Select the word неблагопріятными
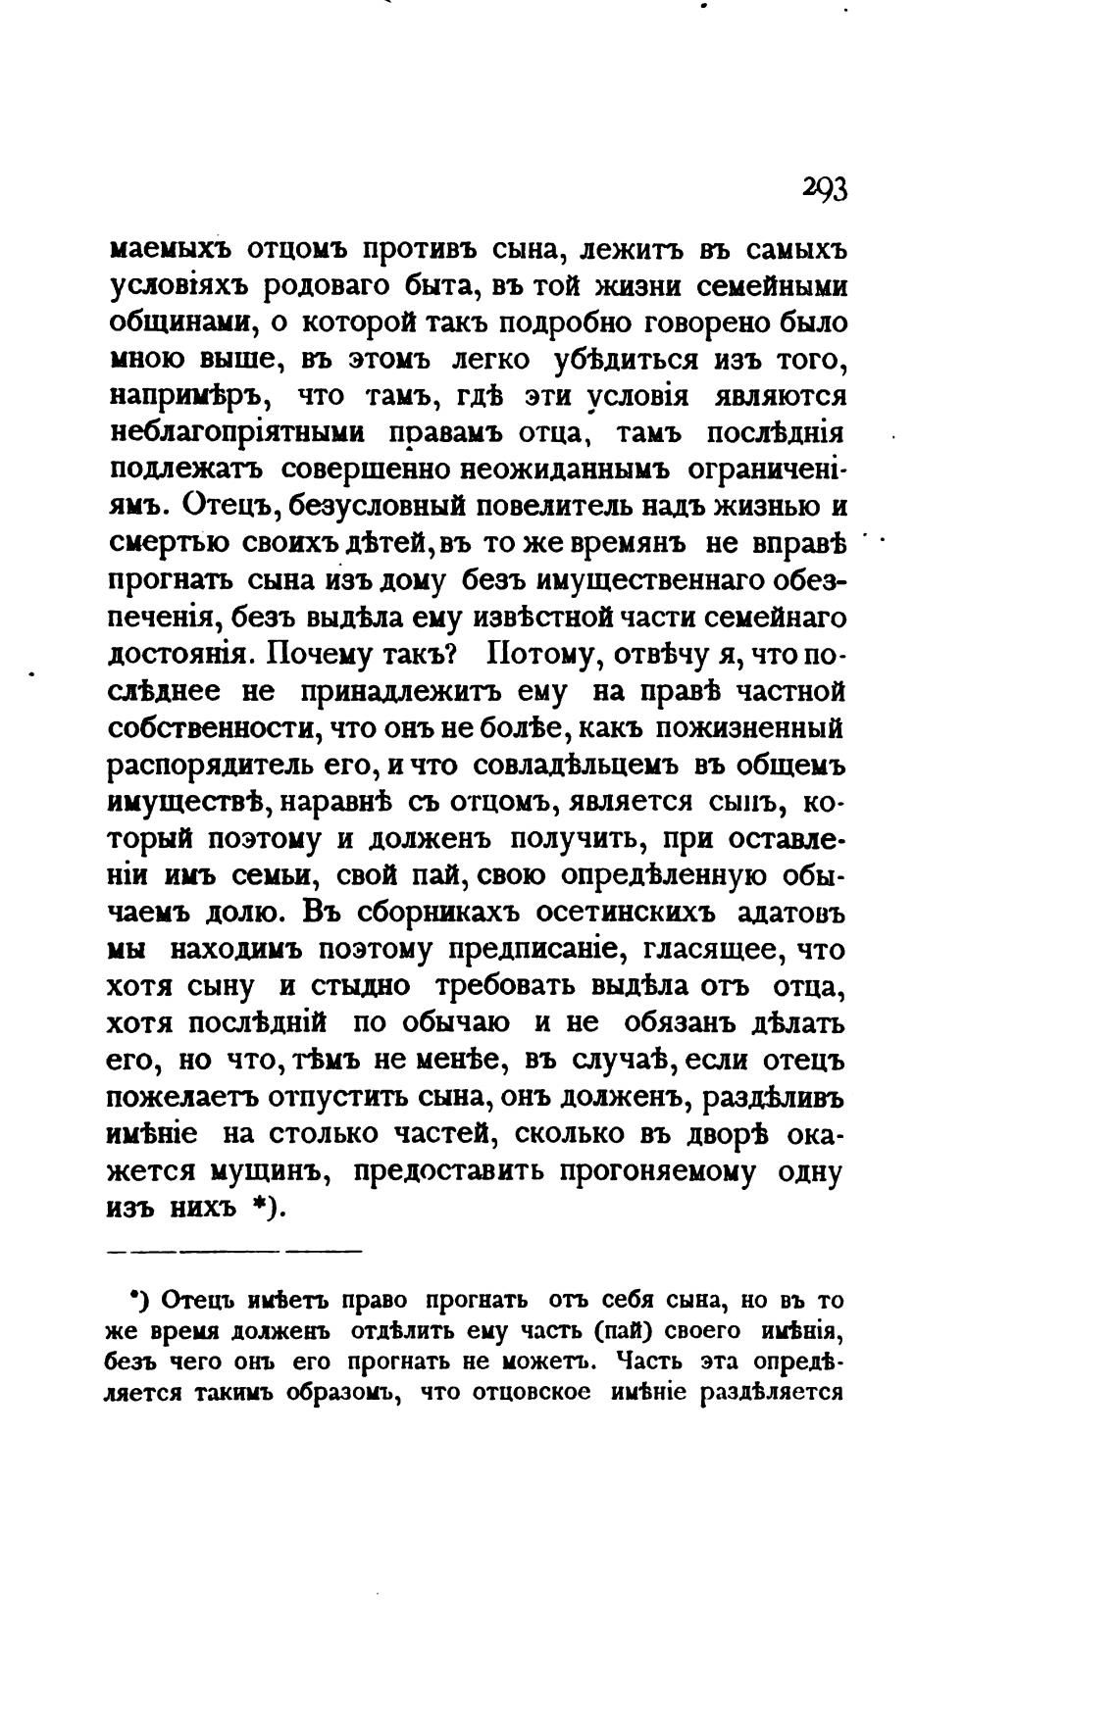click(x=236, y=433)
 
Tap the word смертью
click(x=166, y=543)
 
